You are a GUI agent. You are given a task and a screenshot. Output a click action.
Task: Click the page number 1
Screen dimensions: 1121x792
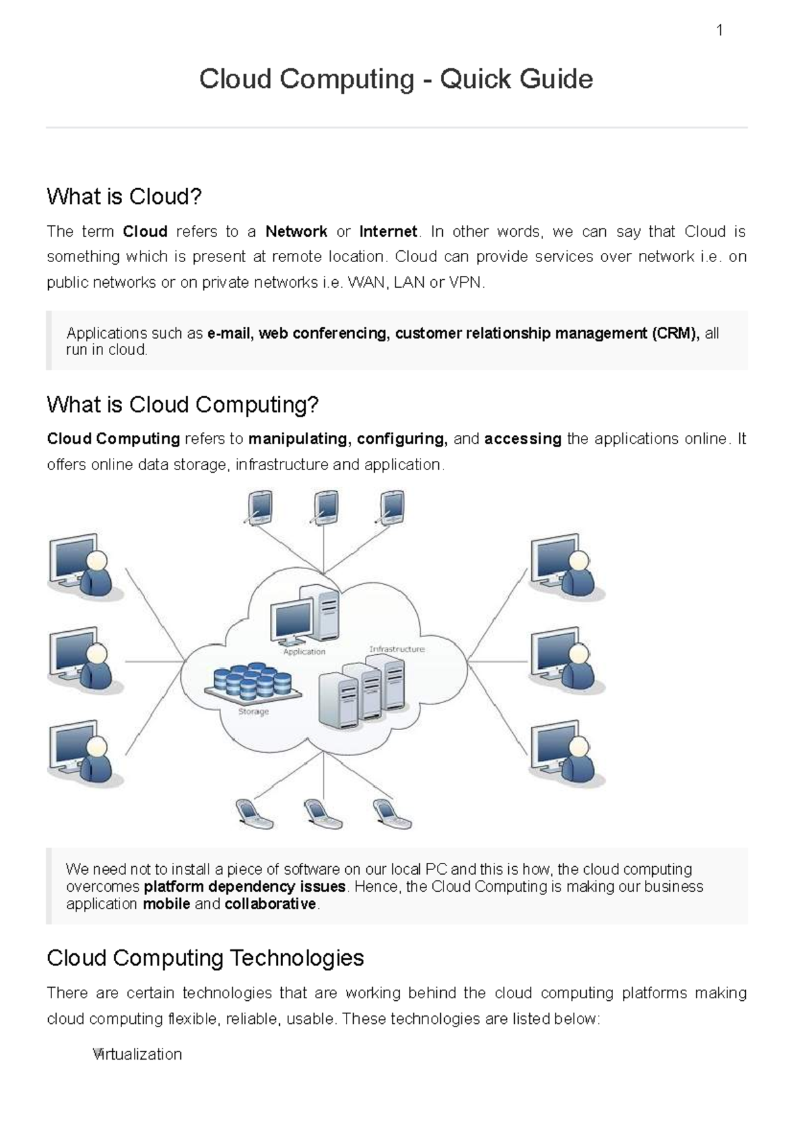(719, 30)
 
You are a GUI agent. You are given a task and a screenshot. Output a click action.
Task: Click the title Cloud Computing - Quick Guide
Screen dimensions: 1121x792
(396, 79)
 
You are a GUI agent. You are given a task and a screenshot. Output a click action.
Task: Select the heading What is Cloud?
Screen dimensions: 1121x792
(124, 197)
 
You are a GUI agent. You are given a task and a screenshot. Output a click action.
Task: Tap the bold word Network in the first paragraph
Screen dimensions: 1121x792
(296, 232)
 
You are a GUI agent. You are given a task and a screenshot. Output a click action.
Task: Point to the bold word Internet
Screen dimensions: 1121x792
(388, 232)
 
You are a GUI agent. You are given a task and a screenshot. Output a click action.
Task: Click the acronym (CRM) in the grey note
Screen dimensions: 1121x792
(675, 333)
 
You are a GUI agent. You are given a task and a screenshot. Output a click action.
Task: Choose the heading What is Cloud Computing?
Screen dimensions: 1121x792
(183, 405)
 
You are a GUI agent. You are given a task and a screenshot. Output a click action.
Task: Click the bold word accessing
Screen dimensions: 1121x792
(523, 439)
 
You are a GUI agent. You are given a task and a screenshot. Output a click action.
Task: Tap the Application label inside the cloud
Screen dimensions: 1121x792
(304, 652)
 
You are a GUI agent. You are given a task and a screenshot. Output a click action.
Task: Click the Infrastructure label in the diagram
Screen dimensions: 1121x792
(397, 649)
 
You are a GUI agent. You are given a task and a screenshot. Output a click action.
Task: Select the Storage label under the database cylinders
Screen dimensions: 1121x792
(253, 712)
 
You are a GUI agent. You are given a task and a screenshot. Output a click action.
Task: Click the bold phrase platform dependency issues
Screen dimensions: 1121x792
(245, 887)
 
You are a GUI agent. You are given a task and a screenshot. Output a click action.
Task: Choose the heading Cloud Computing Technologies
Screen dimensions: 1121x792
(205, 958)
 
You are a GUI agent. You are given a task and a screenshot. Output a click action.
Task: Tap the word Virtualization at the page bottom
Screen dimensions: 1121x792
(137, 1054)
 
